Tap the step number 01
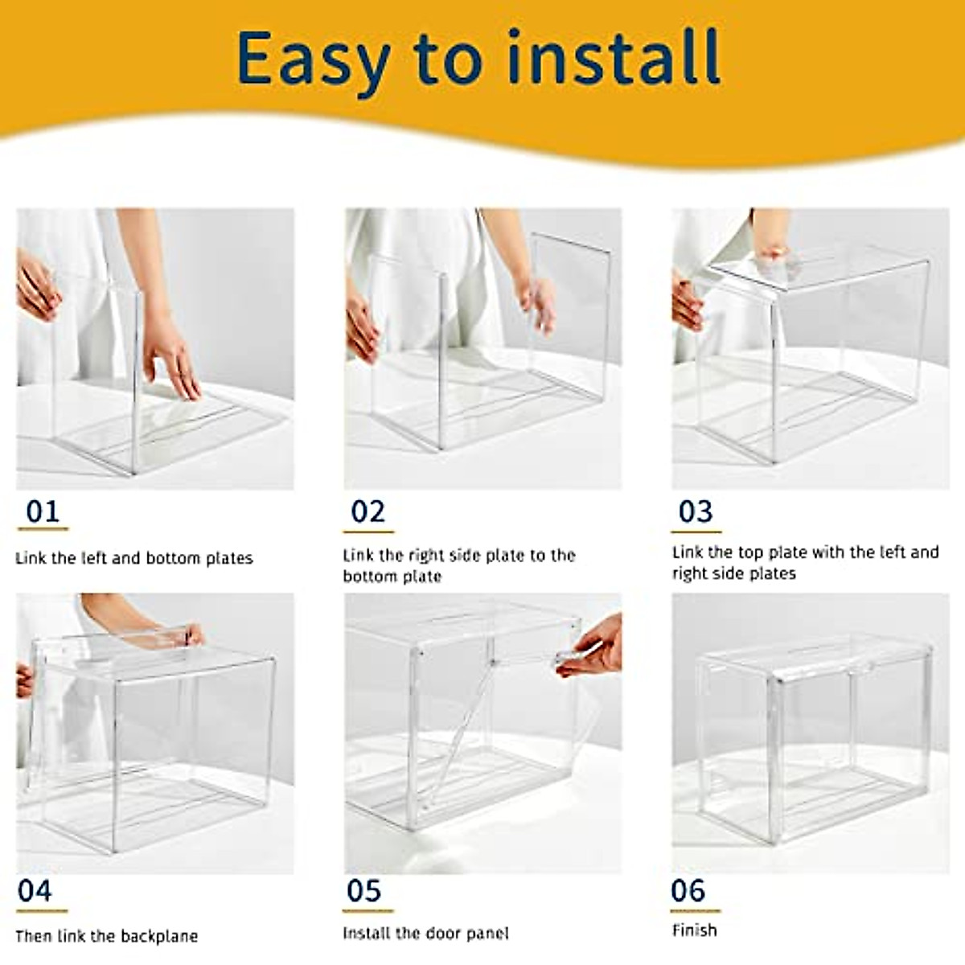coord(43,511)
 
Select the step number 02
coord(368,511)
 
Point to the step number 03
coord(696,511)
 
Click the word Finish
coord(695,930)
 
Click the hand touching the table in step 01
coord(171,355)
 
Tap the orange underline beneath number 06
coord(696,911)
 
